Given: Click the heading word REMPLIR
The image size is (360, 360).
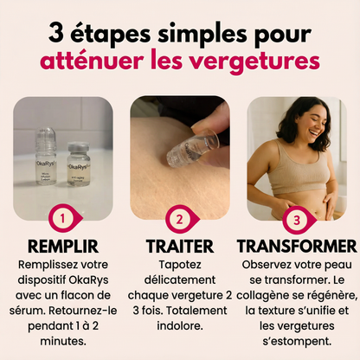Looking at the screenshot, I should point(61,245).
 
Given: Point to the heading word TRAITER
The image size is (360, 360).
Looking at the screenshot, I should point(179,245).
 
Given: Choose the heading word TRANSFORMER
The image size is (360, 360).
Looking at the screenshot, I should point(297,245).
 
